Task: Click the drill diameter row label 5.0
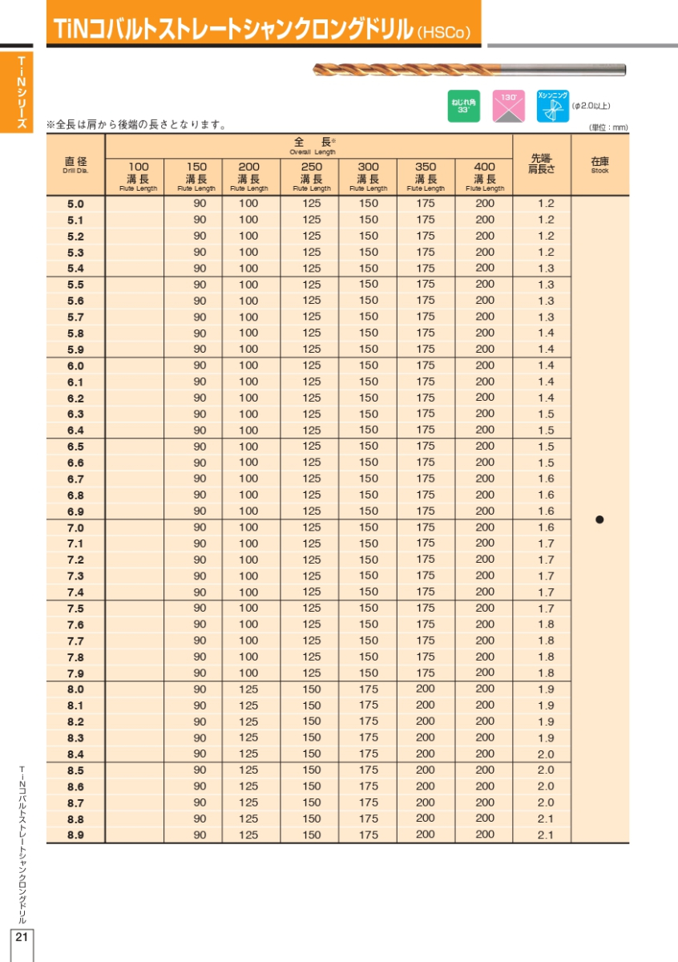[x=75, y=204]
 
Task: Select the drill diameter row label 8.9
[x=75, y=835]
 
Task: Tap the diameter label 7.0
[x=75, y=527]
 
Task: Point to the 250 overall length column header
[x=311, y=176]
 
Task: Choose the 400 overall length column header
[x=484, y=176]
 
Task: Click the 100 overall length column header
[x=138, y=176]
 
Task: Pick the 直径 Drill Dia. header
[x=75, y=164]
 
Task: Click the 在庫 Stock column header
[x=599, y=164]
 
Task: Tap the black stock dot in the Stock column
[x=599, y=519]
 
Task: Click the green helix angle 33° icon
[x=463, y=107]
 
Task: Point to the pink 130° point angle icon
[x=508, y=107]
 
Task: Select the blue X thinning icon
[x=552, y=107]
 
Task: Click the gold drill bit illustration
[x=469, y=70]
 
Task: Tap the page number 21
[x=21, y=938]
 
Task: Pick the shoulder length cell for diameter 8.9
[x=545, y=835]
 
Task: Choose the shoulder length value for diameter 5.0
[x=545, y=204]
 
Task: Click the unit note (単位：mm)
[x=608, y=127]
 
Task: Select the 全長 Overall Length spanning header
[x=311, y=145]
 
